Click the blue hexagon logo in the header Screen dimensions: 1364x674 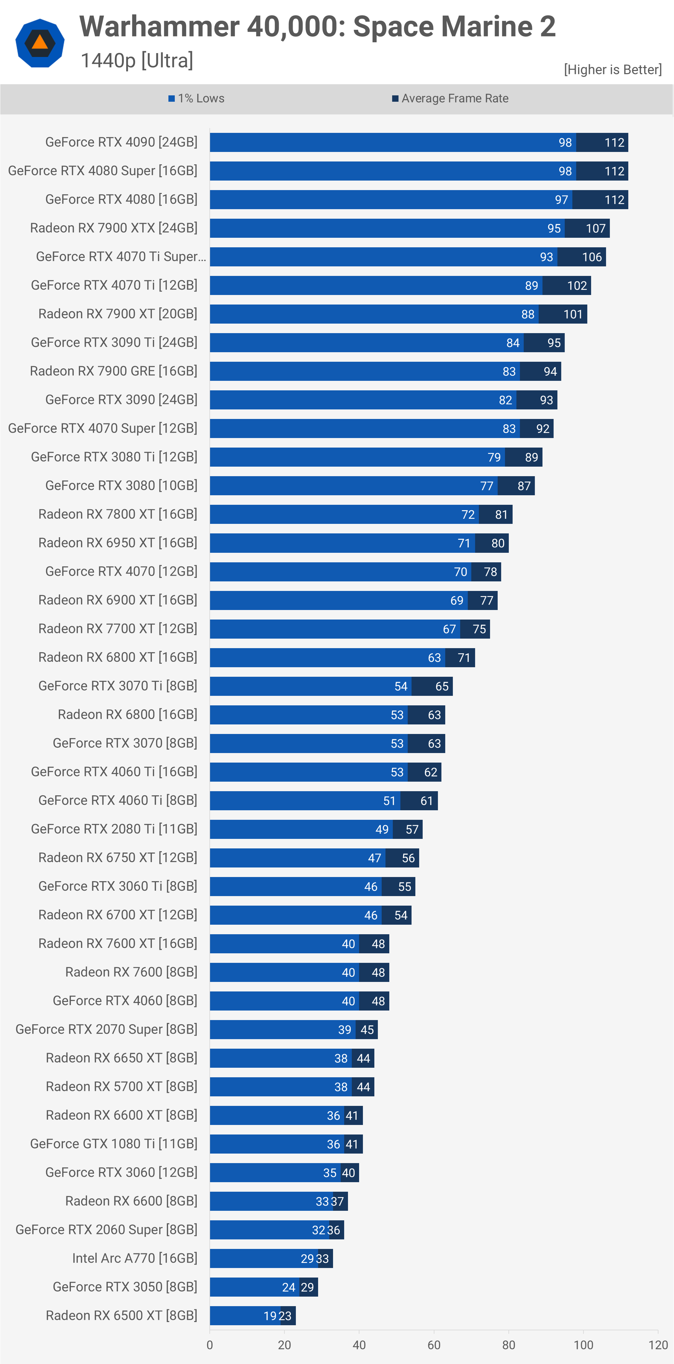click(x=40, y=43)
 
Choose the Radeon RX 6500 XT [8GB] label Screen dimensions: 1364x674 click(x=121, y=1315)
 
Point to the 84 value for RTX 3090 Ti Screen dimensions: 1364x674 click(x=513, y=343)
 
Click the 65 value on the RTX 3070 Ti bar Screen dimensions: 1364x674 click(x=442, y=686)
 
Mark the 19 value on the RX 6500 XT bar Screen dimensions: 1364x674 click(x=270, y=1316)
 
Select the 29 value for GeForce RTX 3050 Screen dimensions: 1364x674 click(x=307, y=1287)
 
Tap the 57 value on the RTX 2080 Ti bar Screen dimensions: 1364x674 click(x=412, y=830)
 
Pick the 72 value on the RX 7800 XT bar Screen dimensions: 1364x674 click(x=467, y=515)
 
